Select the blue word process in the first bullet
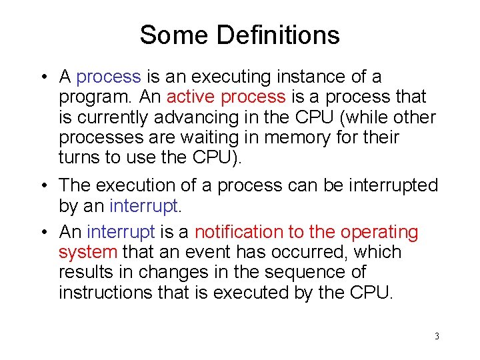[x=109, y=78]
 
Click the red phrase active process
[x=226, y=97]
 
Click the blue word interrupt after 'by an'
[x=144, y=206]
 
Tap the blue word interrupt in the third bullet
[x=121, y=232]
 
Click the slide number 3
[x=437, y=336]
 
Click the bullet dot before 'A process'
[x=43, y=78]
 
